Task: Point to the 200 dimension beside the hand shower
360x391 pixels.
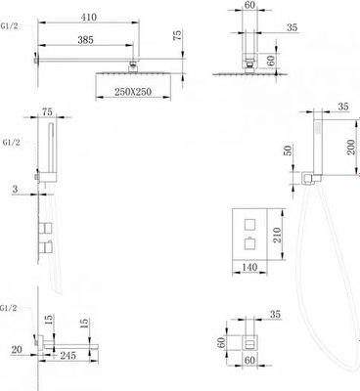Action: click(350, 150)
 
